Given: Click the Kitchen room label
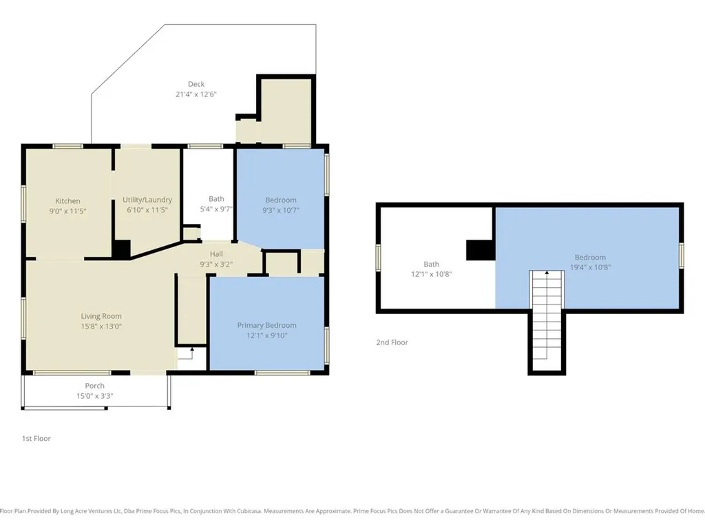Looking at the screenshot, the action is pyautogui.click(x=68, y=201).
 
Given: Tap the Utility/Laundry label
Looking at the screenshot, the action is pyautogui.click(x=147, y=200).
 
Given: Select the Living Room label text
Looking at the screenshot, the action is pyautogui.click(x=101, y=316).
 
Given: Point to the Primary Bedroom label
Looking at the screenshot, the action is pyautogui.click(x=266, y=325).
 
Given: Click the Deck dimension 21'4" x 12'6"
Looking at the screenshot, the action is pyautogui.click(x=196, y=94).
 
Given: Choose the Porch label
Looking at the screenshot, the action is pyautogui.click(x=94, y=386).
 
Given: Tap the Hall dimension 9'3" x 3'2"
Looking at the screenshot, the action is pyautogui.click(x=216, y=264).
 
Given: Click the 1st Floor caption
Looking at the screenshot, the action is pyautogui.click(x=36, y=439).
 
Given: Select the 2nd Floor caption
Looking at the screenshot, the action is pyautogui.click(x=392, y=342).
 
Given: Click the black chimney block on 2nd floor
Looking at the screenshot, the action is pyautogui.click(x=481, y=250).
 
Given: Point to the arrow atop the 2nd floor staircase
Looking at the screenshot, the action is pyautogui.click(x=547, y=273).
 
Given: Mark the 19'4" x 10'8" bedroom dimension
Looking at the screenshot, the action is pyautogui.click(x=590, y=267).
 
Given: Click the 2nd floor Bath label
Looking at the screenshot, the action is pyautogui.click(x=431, y=264).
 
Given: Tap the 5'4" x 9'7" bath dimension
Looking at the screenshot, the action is pyautogui.click(x=216, y=209).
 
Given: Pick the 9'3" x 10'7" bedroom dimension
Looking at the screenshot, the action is pyautogui.click(x=281, y=210).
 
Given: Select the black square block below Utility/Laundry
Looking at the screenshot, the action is pyautogui.click(x=121, y=249).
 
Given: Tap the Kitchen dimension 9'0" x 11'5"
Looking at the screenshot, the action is pyautogui.click(x=68, y=211).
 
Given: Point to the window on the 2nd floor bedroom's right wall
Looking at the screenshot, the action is pyautogui.click(x=682, y=256).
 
